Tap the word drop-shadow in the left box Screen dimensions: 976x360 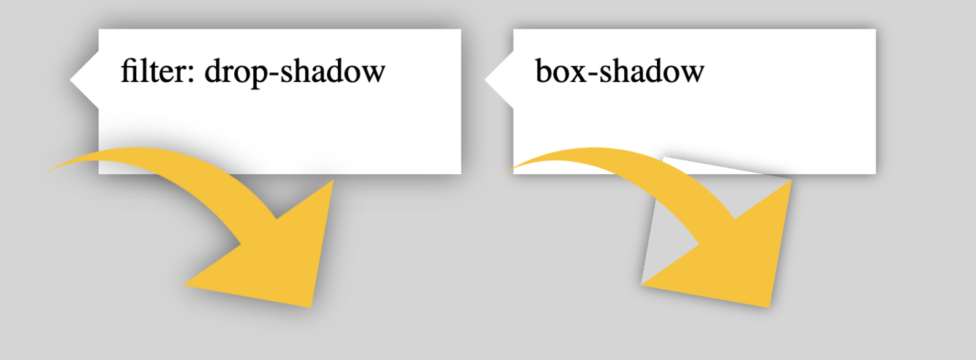(x=295, y=72)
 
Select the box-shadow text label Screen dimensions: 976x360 (x=620, y=72)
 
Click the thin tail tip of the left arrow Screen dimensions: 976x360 (x=47, y=172)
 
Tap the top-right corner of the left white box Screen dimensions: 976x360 (x=459, y=31)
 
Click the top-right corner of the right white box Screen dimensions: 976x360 (x=874, y=31)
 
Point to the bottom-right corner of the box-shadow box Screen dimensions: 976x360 (x=874, y=173)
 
